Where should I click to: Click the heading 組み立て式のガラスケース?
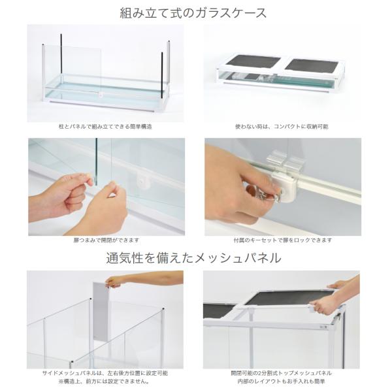pyautogui.click(x=193, y=13)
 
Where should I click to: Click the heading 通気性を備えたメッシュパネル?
pyautogui.click(x=194, y=258)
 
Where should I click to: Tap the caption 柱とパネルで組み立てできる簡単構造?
pyautogui.click(x=105, y=127)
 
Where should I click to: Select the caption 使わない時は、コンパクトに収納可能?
pyautogui.click(x=282, y=127)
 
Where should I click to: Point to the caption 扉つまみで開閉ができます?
pyautogui.click(x=106, y=240)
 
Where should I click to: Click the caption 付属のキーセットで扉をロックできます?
pyautogui.click(x=283, y=240)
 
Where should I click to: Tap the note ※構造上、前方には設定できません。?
pyautogui.click(x=104, y=382)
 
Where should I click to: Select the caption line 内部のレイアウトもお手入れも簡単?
pyautogui.click(x=281, y=382)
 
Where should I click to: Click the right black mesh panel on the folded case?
pyautogui.click(x=312, y=66)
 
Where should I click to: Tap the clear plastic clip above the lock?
pyautogui.click(x=286, y=161)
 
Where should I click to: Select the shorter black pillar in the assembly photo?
pyautogui.click(x=162, y=76)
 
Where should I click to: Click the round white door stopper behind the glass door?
pyautogui.click(x=142, y=180)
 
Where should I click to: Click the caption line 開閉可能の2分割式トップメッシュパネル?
pyautogui.click(x=281, y=374)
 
